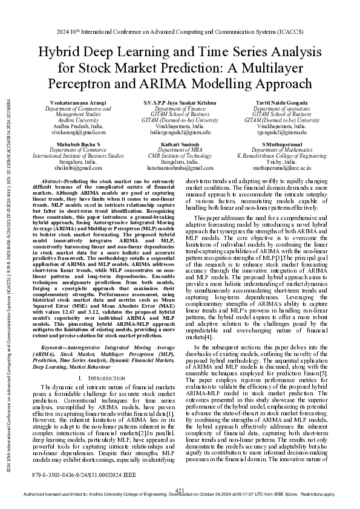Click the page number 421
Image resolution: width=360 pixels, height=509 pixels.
180,490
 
